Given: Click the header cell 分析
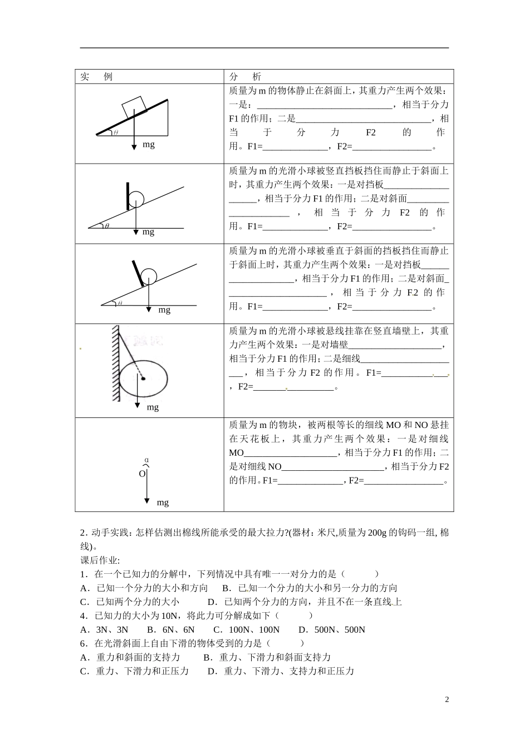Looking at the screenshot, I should click(x=245, y=76).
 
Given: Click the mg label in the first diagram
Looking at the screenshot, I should click(x=149, y=145).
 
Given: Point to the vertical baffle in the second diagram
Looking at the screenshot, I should click(x=128, y=195).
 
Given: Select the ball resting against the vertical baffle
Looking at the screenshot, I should click(x=136, y=199).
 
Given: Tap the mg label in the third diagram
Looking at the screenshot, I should click(x=164, y=310).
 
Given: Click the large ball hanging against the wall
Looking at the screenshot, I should click(x=144, y=379).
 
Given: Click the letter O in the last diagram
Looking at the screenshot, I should click(x=142, y=474).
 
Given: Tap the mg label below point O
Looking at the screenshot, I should click(x=163, y=503).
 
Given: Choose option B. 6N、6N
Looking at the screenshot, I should click(x=171, y=629).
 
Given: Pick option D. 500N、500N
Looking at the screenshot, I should click(x=332, y=629).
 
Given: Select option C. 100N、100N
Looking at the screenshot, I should click(x=246, y=629).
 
